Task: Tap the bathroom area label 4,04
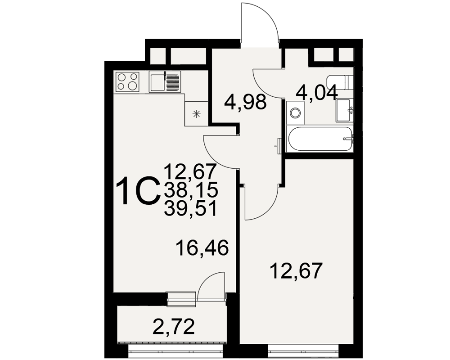[317, 92]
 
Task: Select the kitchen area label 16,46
[202, 248]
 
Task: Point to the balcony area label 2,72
[174, 327]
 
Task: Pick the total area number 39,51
[190, 208]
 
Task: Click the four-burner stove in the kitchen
[127, 82]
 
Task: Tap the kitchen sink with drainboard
[165, 82]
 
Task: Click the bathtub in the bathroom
[319, 139]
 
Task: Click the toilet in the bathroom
[340, 83]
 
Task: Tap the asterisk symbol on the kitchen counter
[196, 114]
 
